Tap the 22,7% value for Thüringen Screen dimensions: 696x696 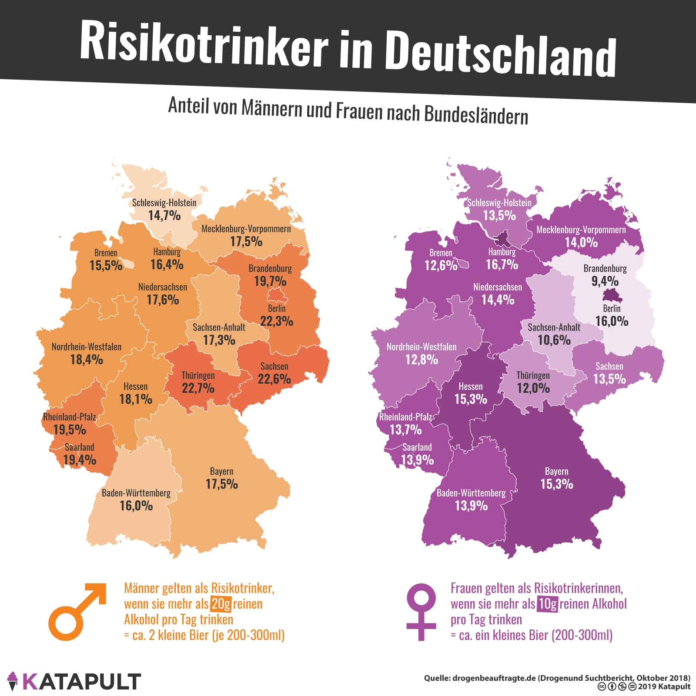[x=198, y=388]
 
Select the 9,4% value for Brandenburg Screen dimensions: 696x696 [x=605, y=281]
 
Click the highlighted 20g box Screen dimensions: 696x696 [x=221, y=604]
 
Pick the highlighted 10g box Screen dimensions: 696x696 [x=547, y=604]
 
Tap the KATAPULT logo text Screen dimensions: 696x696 [x=81, y=681]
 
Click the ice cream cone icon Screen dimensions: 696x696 [x=13, y=681]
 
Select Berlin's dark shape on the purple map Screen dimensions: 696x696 [x=612, y=296]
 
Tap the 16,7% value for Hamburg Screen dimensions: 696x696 [x=502, y=264]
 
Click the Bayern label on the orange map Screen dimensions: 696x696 [x=221, y=472]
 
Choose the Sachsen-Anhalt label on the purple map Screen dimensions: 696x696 [x=554, y=328]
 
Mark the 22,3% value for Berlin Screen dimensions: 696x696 [x=277, y=321]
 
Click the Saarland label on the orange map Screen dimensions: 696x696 [x=79, y=447]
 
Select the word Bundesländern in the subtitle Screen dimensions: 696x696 [x=476, y=114]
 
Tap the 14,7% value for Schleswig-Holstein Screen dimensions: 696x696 [x=164, y=215]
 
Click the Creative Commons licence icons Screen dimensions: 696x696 [x=617, y=687]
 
